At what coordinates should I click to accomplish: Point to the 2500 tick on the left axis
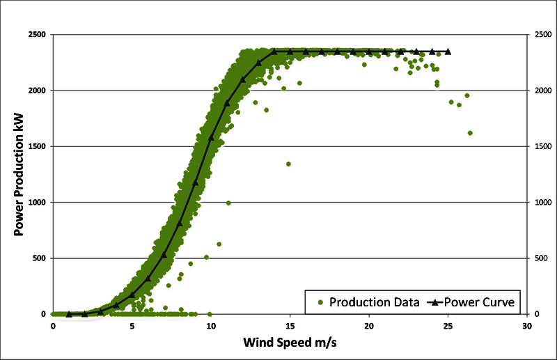pos(37,35)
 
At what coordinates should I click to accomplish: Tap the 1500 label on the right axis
pos(542,147)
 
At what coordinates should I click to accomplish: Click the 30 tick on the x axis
pos(527,325)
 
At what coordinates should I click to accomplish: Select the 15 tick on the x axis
pos(290,325)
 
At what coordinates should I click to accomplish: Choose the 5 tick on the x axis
pos(132,325)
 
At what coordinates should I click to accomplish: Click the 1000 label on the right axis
pos(542,203)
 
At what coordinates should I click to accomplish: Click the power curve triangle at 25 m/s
pos(448,51)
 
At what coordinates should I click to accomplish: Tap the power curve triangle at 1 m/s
pos(69,314)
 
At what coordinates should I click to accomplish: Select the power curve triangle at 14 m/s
pos(274,51)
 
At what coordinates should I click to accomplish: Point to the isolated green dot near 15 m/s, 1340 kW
pos(288,164)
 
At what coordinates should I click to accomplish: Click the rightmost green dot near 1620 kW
pos(470,133)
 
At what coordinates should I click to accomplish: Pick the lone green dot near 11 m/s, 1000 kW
pos(228,203)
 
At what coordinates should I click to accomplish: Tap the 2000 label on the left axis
pos(37,91)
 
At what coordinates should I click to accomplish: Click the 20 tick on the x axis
pos(369,325)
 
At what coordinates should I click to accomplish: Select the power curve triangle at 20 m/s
pos(369,51)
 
